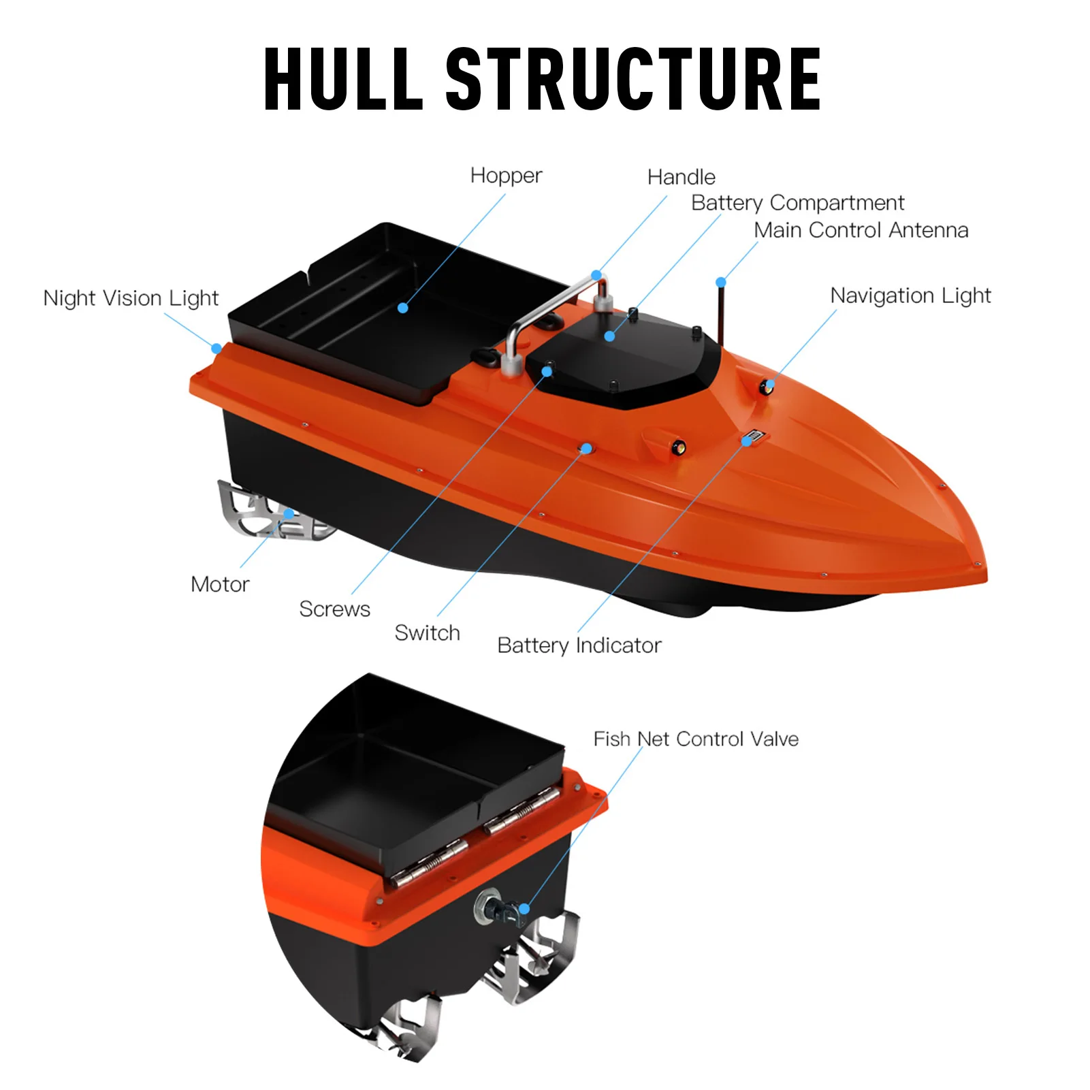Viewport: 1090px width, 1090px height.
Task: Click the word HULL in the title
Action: [344, 79]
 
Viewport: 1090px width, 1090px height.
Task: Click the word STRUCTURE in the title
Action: [633, 79]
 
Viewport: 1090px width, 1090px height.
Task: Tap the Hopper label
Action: [506, 176]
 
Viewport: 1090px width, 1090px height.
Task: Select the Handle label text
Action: [682, 177]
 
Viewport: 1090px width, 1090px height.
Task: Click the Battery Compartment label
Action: [798, 203]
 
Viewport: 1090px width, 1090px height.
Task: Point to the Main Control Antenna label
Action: [861, 230]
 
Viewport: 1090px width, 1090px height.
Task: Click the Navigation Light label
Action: [911, 296]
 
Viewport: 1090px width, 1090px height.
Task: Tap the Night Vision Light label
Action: [131, 298]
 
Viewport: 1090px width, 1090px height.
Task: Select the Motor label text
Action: [220, 584]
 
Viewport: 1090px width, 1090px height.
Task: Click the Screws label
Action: [335, 609]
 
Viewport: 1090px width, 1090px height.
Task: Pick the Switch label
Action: [428, 633]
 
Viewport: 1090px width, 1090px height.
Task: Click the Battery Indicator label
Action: [579, 645]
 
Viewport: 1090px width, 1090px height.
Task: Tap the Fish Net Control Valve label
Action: [696, 739]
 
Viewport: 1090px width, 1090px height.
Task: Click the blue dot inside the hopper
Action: [403, 308]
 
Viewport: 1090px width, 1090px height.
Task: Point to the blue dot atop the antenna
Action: [721, 283]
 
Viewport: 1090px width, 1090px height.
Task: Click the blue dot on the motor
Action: [289, 514]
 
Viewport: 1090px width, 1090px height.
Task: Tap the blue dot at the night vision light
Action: [217, 349]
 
